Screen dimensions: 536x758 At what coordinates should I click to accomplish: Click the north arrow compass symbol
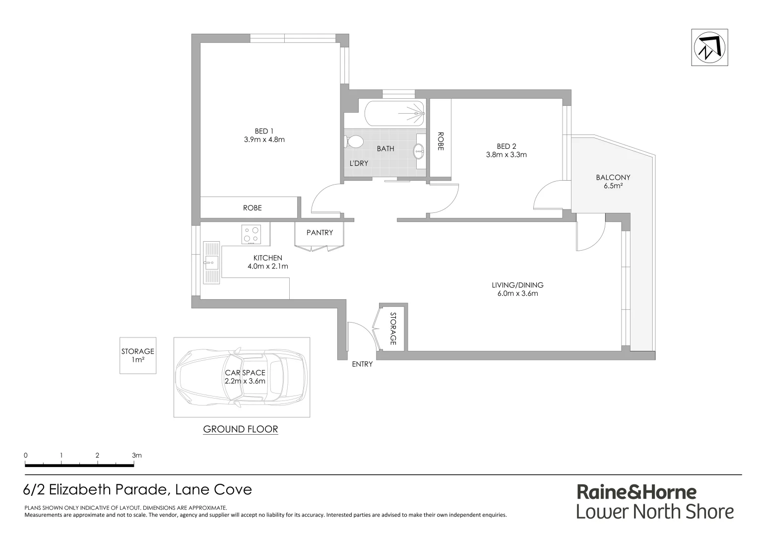pos(709,48)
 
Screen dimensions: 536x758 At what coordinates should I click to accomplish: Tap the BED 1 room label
pos(264,131)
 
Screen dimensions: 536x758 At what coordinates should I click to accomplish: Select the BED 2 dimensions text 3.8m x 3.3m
pos(506,154)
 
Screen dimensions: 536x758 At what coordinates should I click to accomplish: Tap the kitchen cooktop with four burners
pos(251,234)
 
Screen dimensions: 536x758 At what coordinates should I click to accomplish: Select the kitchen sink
pos(211,262)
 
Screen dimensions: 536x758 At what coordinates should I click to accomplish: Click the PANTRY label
pos(319,232)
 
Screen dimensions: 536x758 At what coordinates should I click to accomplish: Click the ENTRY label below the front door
pos(362,364)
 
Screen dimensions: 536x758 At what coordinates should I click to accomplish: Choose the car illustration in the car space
pos(242,377)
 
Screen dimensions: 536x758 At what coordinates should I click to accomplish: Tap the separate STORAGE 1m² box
pos(137,355)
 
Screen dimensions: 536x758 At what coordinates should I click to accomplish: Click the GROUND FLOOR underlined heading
pos(241,429)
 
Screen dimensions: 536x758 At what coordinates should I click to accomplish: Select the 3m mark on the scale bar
pos(136,455)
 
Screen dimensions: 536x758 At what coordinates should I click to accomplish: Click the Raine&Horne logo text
pos(636,492)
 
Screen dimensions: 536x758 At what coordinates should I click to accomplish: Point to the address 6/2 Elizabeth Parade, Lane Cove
pos(137,490)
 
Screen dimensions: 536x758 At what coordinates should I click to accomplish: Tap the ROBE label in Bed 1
pos(252,208)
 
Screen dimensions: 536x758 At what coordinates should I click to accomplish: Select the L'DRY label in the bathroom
pos(359,163)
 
